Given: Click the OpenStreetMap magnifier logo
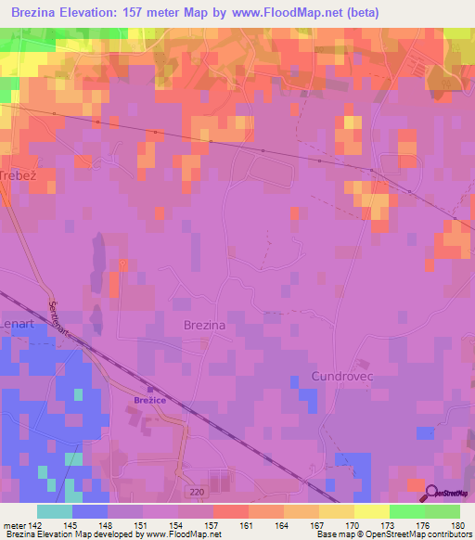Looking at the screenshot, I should point(432,495).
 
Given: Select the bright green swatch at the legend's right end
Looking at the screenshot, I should point(442,511).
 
